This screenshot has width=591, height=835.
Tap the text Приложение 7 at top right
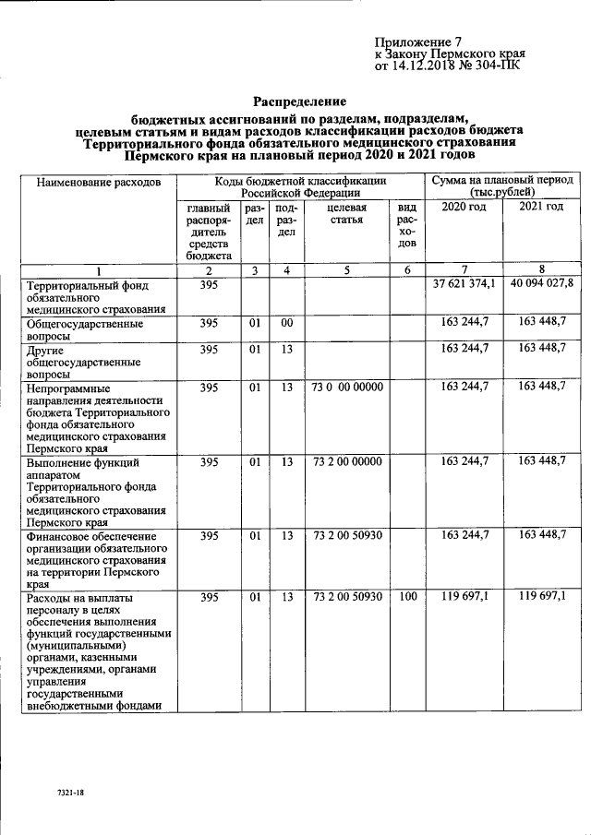tap(417, 42)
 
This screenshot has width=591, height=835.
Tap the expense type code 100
tap(406, 598)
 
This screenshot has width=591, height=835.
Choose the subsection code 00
tap(287, 324)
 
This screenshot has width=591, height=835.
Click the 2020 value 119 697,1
tap(464, 598)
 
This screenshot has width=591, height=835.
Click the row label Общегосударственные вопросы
tap(85, 330)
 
